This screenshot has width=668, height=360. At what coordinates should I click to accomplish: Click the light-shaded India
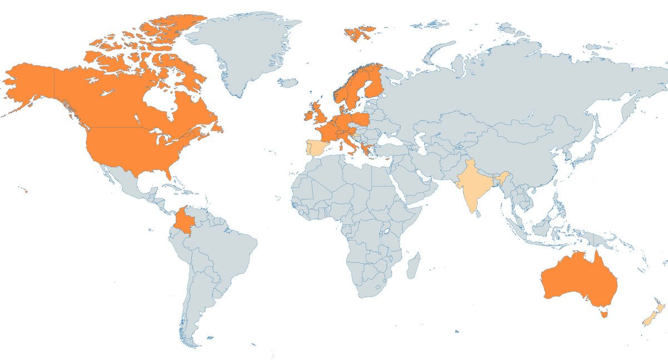coord(476,186)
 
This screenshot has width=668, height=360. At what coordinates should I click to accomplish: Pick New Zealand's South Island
coord(649,319)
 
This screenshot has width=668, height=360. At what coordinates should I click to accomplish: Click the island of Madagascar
coord(412,264)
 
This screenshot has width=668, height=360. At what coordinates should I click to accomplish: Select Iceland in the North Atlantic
coord(288,83)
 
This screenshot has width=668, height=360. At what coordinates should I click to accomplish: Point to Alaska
coord(28,83)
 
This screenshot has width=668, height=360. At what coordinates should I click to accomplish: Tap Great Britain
coord(318,114)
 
